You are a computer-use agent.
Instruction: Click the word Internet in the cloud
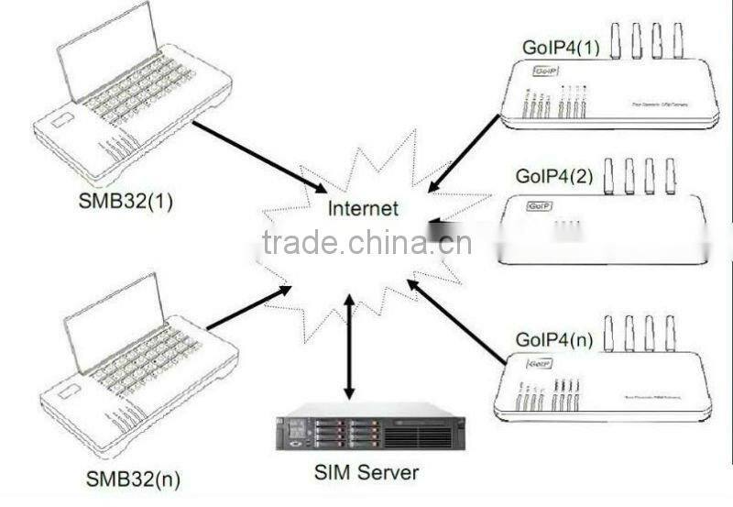[x=364, y=209]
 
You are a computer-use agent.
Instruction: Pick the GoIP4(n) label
[x=555, y=340]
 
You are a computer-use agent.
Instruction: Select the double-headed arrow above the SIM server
[x=347, y=346]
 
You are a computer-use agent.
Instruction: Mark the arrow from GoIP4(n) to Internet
[x=455, y=318]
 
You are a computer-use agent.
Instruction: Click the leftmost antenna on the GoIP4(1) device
[x=615, y=39]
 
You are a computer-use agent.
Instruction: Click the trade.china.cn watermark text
[x=366, y=244]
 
